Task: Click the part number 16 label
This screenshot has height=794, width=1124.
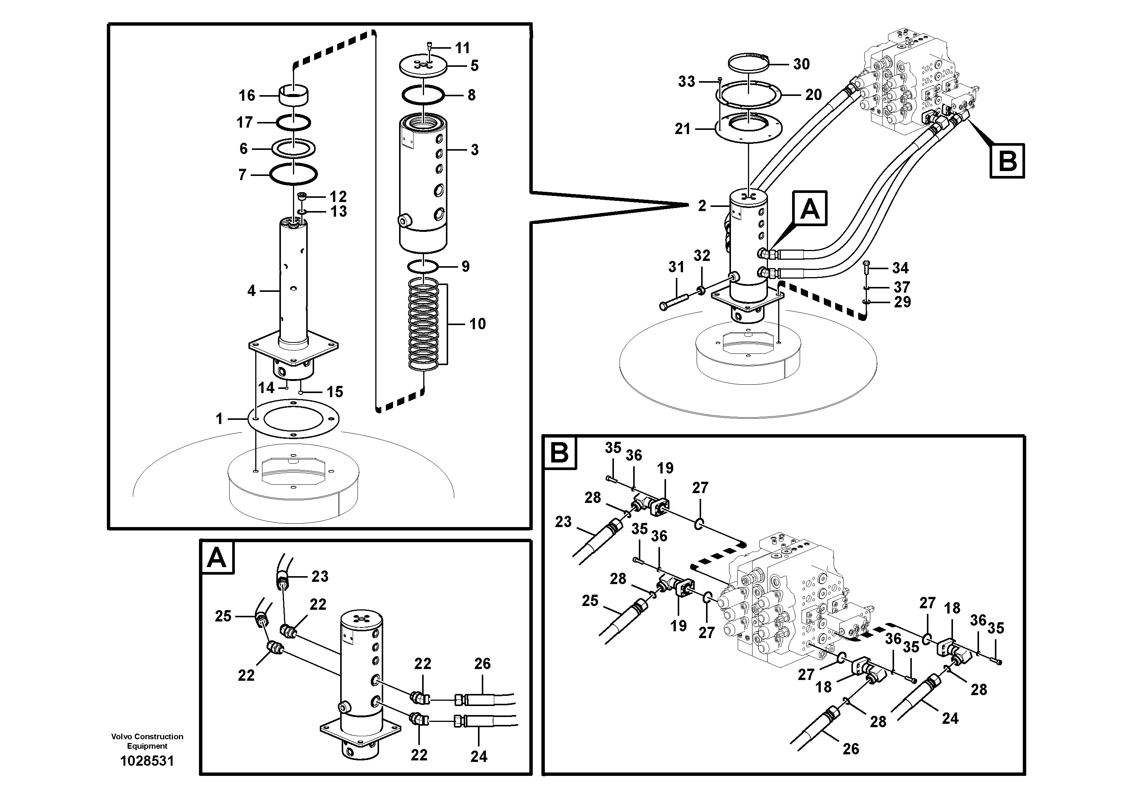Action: (x=247, y=96)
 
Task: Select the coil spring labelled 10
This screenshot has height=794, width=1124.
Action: (x=424, y=324)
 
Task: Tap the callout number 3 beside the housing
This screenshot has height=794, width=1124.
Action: (x=474, y=150)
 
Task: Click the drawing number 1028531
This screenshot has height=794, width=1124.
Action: (x=147, y=761)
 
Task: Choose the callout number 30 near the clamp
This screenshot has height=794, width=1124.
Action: (x=802, y=64)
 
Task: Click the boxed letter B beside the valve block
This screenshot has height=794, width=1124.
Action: (x=1007, y=160)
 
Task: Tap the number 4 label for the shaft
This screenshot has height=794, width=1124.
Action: (x=251, y=291)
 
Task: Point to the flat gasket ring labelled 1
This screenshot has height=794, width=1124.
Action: (x=294, y=419)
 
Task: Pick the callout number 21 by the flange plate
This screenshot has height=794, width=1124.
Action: (x=682, y=129)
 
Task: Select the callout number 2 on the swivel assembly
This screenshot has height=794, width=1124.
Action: (x=702, y=206)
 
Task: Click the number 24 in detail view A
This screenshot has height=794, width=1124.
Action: (x=478, y=756)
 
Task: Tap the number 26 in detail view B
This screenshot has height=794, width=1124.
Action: (x=850, y=748)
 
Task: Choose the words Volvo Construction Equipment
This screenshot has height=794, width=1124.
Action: (x=147, y=741)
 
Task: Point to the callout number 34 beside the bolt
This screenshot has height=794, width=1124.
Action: (x=900, y=268)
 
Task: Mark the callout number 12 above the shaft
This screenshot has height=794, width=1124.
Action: (x=338, y=197)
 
